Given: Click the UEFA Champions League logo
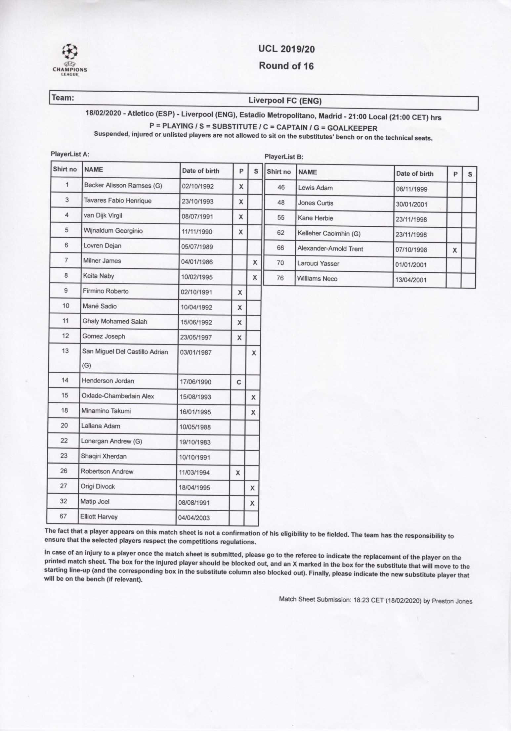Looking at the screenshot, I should [70, 60].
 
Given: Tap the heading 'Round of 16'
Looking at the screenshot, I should [286, 66].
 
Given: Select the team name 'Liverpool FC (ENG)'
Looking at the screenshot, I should [285, 101].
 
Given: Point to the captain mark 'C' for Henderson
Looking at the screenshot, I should [239, 382].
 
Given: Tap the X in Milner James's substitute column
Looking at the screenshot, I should [255, 262].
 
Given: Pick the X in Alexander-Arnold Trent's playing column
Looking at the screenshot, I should [455, 251].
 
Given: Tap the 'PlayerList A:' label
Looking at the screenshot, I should [70, 154].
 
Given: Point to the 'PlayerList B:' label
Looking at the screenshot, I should [284, 157].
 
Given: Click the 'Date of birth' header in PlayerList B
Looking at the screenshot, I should [415, 174].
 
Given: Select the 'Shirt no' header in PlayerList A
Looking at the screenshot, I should [65, 169].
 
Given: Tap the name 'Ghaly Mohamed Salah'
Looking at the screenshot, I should [115, 321].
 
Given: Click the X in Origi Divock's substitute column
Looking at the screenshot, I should [252, 488].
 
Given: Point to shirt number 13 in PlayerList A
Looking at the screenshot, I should [65, 351].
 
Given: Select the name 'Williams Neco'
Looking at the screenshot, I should [317, 279].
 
